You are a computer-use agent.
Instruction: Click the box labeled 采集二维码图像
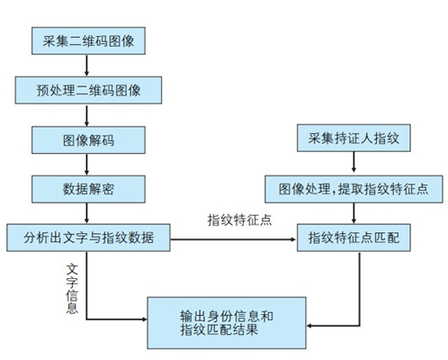[x=88, y=40]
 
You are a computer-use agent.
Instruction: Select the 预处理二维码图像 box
[x=88, y=90]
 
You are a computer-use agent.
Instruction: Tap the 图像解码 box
[x=88, y=139]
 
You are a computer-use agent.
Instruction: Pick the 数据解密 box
[x=88, y=189]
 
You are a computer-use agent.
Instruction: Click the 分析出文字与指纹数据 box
[x=88, y=238]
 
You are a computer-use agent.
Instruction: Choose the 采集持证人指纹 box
[x=354, y=138]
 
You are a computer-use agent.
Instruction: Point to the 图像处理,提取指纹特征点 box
[x=354, y=189]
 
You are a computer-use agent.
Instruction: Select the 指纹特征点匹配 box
[x=354, y=238]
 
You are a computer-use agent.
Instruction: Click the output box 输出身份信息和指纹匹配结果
[x=227, y=323]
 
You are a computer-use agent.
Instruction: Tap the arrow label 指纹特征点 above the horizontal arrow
[x=239, y=220]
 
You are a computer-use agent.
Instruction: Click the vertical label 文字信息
[x=72, y=289]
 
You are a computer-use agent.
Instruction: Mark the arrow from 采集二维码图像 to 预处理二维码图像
[x=86, y=66]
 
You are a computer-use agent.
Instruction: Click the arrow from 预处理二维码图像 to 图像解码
[x=86, y=115]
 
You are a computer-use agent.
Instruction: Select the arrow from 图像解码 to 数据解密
[x=86, y=165]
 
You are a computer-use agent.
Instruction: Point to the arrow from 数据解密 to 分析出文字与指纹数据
[x=86, y=213]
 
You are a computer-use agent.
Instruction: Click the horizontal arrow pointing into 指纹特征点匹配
[x=233, y=239]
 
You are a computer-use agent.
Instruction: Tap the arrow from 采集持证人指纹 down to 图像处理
[x=354, y=162]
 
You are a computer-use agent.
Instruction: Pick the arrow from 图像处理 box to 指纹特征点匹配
[x=354, y=213]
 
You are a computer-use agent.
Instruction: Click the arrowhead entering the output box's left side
[x=145, y=319]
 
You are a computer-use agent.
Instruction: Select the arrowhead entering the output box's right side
[x=309, y=326]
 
